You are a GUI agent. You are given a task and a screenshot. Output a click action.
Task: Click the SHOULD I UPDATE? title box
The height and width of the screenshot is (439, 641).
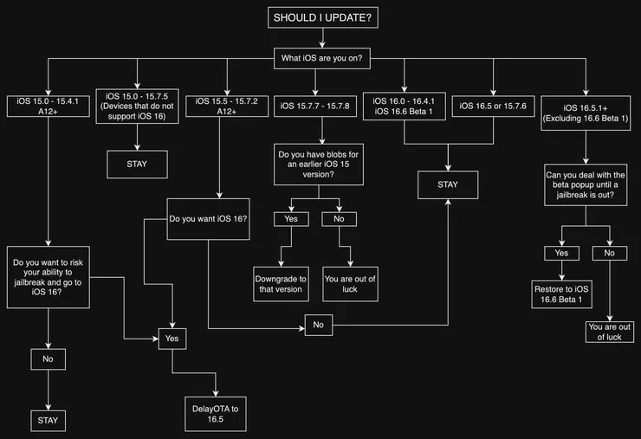point(323,17)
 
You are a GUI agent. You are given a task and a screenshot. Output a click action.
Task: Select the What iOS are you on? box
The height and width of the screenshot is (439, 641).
point(322,58)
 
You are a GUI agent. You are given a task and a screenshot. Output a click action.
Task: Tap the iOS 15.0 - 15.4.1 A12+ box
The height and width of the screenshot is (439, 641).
point(49,107)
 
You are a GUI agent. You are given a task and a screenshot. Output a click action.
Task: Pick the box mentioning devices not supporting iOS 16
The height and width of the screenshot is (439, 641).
point(137,107)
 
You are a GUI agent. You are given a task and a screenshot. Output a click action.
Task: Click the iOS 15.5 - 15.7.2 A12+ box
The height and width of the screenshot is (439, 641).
point(227,107)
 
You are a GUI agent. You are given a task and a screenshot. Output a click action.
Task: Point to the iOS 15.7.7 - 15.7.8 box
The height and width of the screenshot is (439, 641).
point(315,107)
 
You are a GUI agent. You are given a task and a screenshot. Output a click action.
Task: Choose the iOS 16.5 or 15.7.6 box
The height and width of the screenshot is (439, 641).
point(493,107)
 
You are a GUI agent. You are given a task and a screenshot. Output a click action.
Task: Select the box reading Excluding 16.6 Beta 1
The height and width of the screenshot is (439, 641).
point(586,113)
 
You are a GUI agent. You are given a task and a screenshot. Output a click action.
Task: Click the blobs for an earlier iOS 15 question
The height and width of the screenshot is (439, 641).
point(319,165)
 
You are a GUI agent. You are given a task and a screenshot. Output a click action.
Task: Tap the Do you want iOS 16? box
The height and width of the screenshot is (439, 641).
point(208,219)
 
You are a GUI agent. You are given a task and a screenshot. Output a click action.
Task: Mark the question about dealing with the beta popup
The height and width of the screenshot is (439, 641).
point(586,184)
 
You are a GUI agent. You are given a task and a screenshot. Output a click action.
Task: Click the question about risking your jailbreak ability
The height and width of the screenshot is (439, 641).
point(49,277)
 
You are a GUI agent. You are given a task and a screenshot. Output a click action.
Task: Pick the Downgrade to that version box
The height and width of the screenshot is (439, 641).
point(281,284)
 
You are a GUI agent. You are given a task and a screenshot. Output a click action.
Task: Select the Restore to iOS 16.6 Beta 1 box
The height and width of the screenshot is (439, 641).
point(561,294)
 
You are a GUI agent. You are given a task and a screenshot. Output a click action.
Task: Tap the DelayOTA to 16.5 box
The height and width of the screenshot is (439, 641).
point(216,414)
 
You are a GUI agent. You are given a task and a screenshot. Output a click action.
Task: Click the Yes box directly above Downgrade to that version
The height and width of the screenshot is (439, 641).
point(291,219)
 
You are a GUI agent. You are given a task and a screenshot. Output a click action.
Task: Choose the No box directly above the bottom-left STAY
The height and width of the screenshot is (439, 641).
point(48,359)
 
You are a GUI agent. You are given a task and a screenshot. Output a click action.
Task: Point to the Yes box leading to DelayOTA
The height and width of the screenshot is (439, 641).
point(172,339)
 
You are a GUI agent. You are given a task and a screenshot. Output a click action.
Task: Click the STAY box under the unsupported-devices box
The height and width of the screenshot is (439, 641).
point(137,165)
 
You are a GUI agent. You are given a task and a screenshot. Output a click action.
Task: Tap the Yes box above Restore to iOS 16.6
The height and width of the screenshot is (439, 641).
point(561,253)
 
